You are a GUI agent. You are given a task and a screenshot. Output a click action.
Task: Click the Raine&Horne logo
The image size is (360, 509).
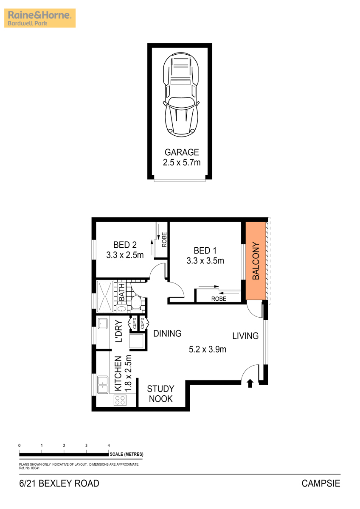click(x=40, y=18)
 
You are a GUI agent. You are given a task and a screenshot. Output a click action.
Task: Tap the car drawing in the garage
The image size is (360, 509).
click(x=181, y=95)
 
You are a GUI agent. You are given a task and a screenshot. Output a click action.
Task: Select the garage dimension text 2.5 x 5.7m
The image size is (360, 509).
click(x=182, y=162)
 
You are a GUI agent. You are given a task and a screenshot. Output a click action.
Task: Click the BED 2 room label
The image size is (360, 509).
click(x=125, y=245)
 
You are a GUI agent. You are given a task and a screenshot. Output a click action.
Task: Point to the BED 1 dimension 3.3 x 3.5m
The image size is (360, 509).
click(x=205, y=260)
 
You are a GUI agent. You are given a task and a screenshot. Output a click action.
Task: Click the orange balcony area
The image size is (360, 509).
click(x=256, y=260)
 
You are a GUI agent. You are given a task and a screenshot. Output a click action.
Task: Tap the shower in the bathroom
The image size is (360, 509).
click(x=105, y=296)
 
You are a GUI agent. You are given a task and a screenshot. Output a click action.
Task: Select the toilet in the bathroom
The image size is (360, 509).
click(x=136, y=302)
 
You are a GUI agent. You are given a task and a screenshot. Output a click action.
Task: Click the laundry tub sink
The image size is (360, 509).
click(x=103, y=323)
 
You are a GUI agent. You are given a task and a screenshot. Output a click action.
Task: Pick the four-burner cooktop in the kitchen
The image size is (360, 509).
click(x=120, y=400)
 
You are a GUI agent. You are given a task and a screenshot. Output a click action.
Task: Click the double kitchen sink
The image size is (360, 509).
click(x=103, y=384)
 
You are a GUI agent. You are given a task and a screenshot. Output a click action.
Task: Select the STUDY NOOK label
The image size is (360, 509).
click(x=160, y=394)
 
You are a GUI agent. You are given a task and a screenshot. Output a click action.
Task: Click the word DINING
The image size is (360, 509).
click(x=167, y=333)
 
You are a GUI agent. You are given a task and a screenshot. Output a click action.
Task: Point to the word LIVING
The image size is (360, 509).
click(x=245, y=336)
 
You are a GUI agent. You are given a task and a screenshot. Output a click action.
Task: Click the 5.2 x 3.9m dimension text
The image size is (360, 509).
click(x=208, y=349)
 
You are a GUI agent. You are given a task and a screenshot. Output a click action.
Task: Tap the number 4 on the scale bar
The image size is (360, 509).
click(x=109, y=445)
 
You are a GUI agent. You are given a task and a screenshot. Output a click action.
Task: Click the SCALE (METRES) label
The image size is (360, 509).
click(x=127, y=454)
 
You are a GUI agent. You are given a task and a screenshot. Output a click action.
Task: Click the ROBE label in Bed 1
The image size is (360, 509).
click(x=219, y=299)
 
